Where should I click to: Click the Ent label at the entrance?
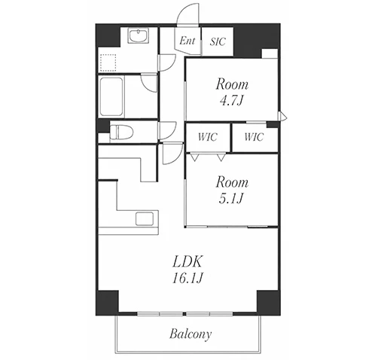[x=187, y=41]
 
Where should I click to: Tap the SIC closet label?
[x=218, y=41]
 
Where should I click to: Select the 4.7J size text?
[x=231, y=101]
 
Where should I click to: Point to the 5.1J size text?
[x=231, y=199]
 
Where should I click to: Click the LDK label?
[x=187, y=262]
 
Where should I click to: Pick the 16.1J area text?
[x=187, y=278]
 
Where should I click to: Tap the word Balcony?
[x=191, y=334]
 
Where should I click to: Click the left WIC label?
[x=208, y=137]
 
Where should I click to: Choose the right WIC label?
[x=254, y=137]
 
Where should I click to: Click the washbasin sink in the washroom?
[x=139, y=35]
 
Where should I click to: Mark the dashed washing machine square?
[x=108, y=63]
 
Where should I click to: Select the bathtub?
[x=111, y=97]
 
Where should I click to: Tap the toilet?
[x=121, y=132]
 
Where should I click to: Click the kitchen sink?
[x=145, y=219]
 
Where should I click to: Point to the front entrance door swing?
[x=187, y=14]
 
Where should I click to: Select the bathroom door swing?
[x=149, y=83]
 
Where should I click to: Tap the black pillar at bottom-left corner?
[x=107, y=303]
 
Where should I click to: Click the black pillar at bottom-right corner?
[x=268, y=303]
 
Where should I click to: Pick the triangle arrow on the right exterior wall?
[x=282, y=116]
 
